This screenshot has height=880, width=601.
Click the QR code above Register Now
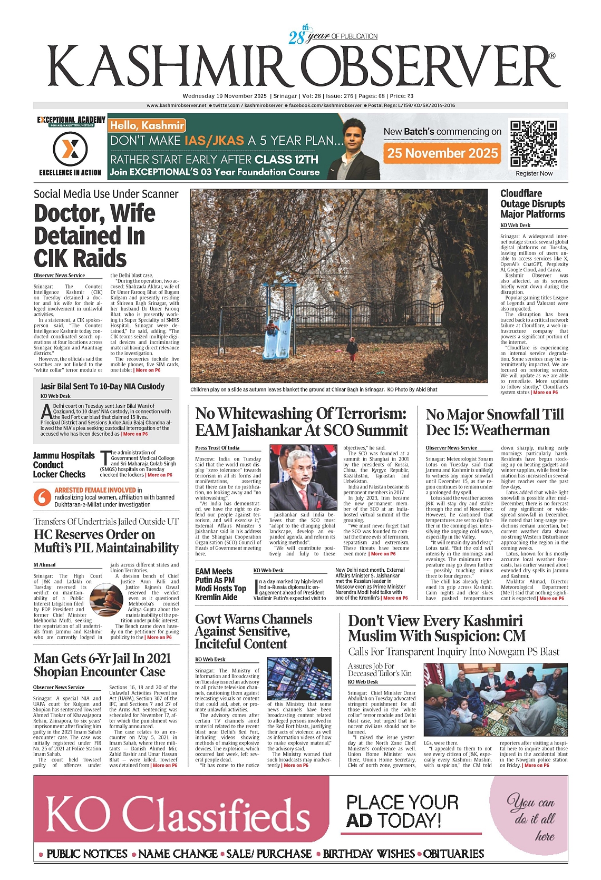tap(534, 144)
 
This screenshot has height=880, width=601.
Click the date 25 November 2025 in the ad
tap(442, 153)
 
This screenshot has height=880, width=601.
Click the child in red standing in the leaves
tap(352, 348)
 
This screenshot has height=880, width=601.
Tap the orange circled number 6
tap(42, 497)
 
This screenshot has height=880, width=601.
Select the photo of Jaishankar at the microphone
tap(302, 477)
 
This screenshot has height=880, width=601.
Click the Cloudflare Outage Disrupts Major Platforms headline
tap(532, 204)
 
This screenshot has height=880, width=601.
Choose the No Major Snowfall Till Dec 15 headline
tap(495, 422)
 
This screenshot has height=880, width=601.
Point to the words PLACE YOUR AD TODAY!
tap(402, 811)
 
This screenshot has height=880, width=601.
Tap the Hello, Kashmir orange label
tap(147, 125)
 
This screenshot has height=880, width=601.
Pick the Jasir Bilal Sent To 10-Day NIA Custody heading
tap(102, 386)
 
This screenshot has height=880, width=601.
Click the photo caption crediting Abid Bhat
tap(314, 389)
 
